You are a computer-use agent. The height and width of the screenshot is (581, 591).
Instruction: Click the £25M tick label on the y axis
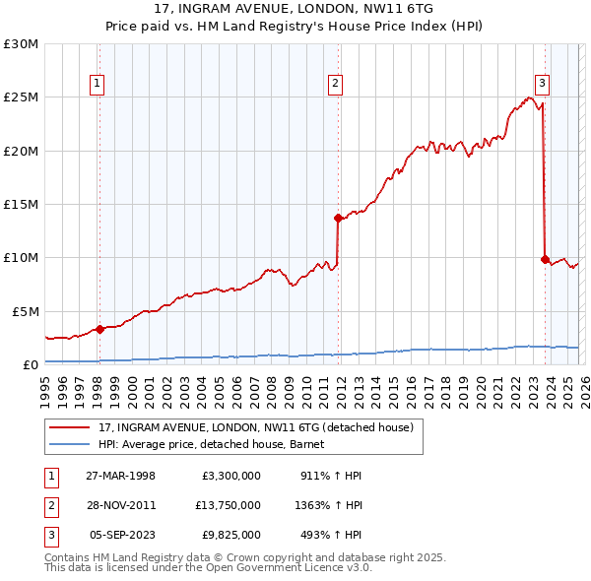point(20,97)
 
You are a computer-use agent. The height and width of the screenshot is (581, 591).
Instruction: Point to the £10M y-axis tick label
point(20,258)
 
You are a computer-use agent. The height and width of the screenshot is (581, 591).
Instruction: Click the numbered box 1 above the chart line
point(98,85)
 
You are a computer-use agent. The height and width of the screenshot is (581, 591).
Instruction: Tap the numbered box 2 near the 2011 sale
point(336,85)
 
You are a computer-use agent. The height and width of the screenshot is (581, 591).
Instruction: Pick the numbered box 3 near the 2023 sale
point(543,85)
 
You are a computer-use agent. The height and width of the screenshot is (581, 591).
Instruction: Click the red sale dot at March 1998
point(99,329)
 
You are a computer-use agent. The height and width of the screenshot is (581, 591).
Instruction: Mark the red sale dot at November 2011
point(338,218)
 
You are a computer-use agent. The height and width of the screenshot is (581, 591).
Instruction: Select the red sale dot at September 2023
point(545,259)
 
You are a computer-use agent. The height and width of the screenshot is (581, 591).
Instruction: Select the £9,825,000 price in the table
point(232,535)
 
